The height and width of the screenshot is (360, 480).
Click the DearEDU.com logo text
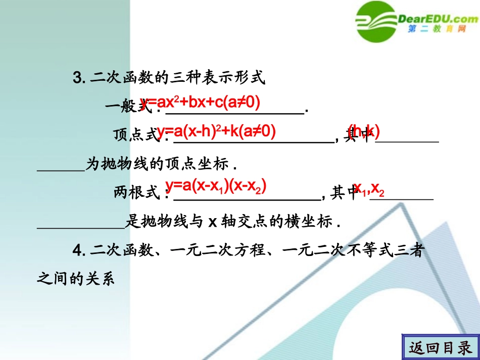[x=438, y=19]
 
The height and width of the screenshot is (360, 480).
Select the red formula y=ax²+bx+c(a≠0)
[x=201, y=103]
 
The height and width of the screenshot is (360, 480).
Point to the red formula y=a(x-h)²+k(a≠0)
[x=216, y=132]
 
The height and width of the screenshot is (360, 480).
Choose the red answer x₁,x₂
[x=369, y=188]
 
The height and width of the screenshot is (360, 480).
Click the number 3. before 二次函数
[x=80, y=78]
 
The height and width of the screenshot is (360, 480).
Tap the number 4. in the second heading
[x=79, y=250]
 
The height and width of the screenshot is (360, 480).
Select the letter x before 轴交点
[x=213, y=222]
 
